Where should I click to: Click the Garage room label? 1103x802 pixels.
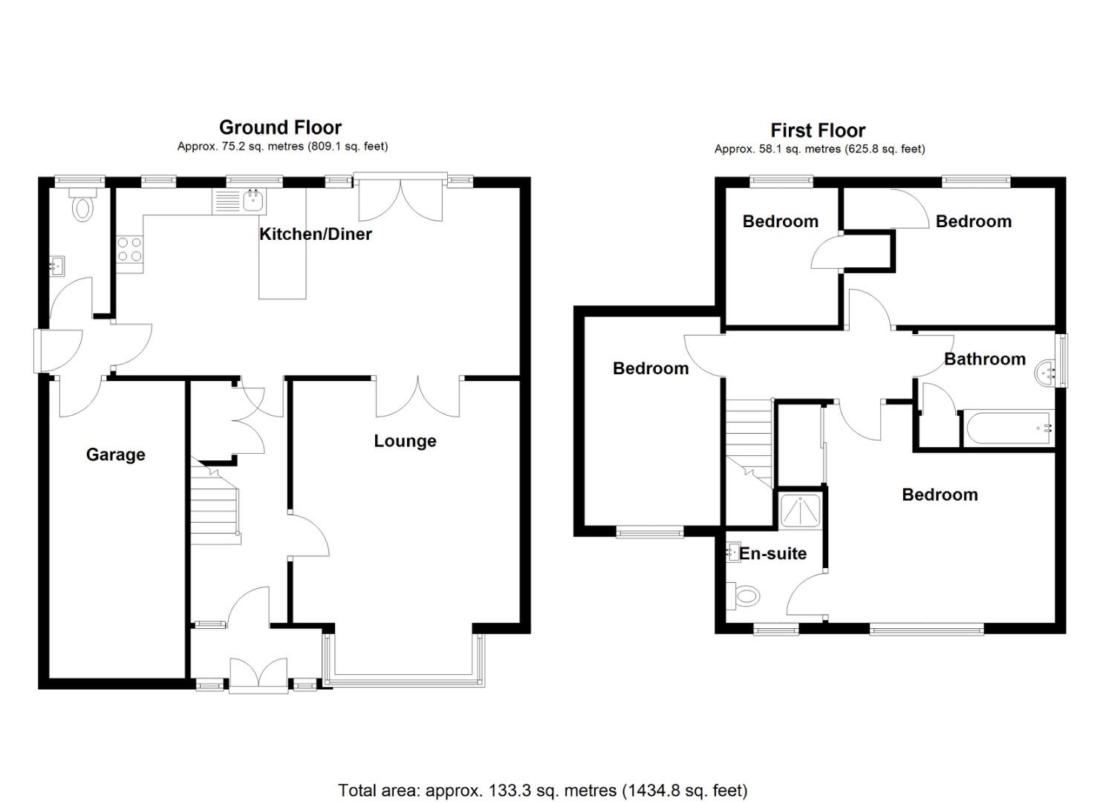tap(116, 455)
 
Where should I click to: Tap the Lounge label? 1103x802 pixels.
tap(405, 441)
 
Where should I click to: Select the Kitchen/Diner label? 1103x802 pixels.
tap(315, 235)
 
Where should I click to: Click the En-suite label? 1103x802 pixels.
tap(772, 554)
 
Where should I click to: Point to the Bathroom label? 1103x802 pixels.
tap(985, 359)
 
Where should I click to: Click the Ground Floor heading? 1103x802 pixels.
tap(280, 128)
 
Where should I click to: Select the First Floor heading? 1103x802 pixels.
tap(818, 131)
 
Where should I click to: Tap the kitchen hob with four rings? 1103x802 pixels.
tap(130, 249)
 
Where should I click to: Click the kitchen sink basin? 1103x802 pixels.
tap(253, 200)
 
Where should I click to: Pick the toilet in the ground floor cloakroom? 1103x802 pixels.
tap(82, 206)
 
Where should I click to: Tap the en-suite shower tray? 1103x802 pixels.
tap(800, 512)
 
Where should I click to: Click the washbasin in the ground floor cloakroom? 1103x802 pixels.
tap(57, 267)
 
